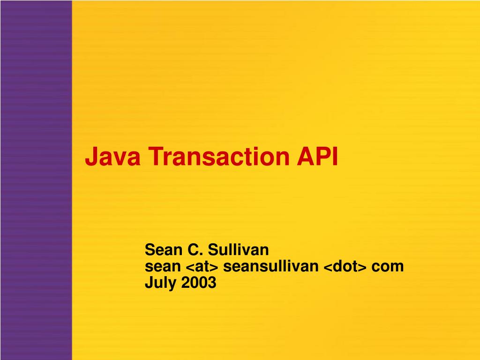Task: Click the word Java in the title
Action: (x=112, y=157)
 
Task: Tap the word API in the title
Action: (x=317, y=157)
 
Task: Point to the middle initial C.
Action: (x=195, y=250)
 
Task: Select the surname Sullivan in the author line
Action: (x=238, y=250)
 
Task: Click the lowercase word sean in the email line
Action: (x=163, y=266)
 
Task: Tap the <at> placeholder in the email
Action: (x=202, y=266)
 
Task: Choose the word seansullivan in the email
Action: (x=270, y=266)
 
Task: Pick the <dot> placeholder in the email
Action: (x=345, y=266)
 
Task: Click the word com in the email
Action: (x=387, y=267)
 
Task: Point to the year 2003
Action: (x=199, y=282)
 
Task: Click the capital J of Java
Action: (x=91, y=157)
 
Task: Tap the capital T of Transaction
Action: (x=156, y=157)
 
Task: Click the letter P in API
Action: (x=324, y=157)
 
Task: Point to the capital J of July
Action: (x=149, y=282)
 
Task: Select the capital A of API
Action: (x=306, y=157)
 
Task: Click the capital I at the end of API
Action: (x=336, y=157)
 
